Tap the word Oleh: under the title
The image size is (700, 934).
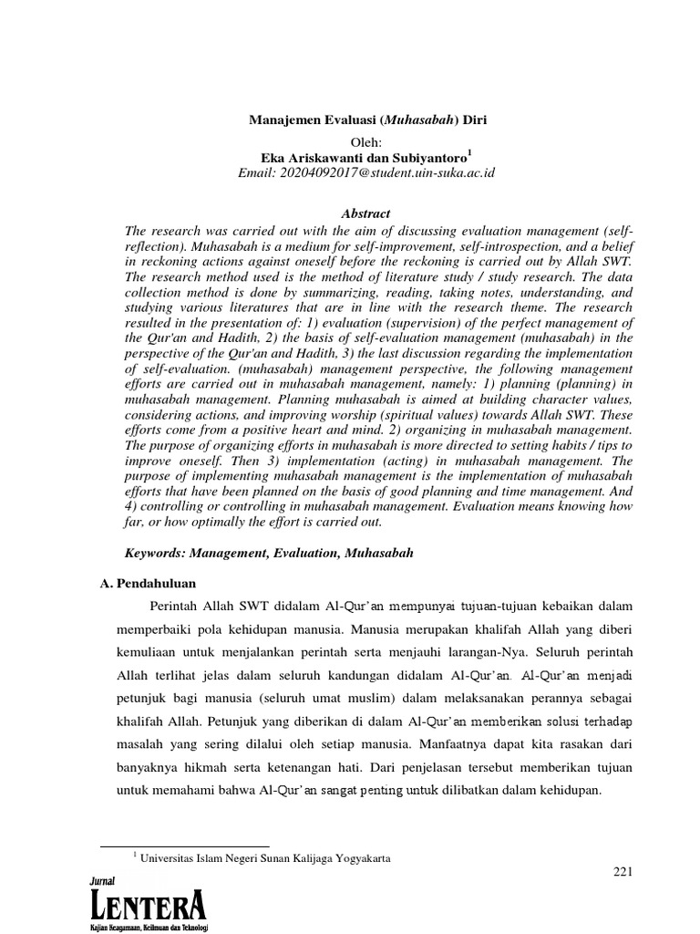[369, 142]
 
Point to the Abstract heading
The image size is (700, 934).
[365, 213]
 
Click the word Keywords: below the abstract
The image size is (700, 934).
[156, 553]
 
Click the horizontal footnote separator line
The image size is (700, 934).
[183, 846]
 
